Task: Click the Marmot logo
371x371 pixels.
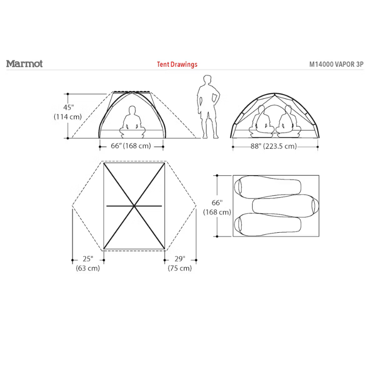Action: pos(25,64)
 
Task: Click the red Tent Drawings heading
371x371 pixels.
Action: pos(177,64)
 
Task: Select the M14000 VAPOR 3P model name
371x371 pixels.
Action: pos(336,64)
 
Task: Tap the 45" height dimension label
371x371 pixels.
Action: pos(68,108)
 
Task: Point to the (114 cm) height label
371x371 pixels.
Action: pos(68,117)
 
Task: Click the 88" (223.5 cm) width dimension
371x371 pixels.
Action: pos(274,146)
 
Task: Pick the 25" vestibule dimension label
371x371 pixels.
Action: pos(88,259)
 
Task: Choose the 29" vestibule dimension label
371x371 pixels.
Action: pos(180,259)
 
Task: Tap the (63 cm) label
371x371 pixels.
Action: pos(88,268)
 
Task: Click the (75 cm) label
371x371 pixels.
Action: pos(180,268)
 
